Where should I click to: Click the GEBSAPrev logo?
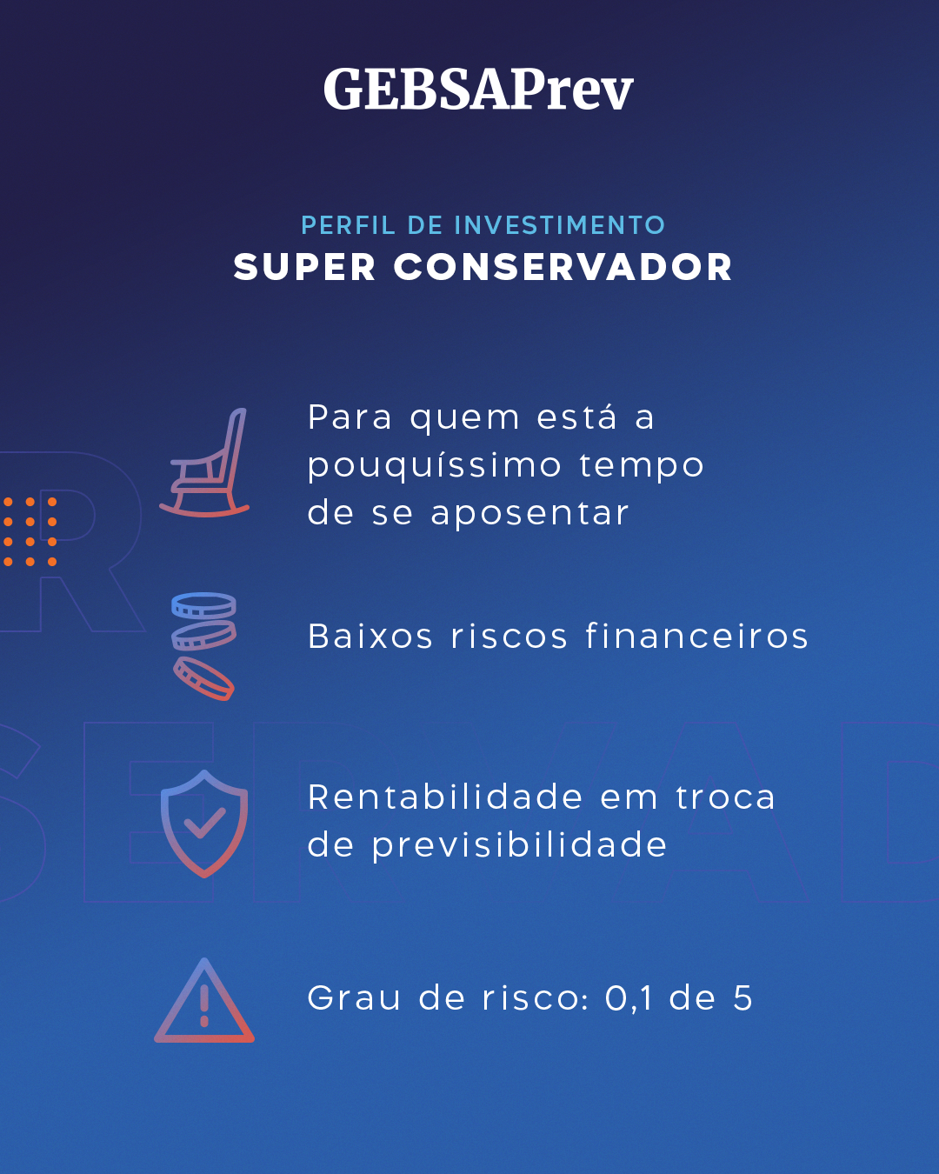(478, 89)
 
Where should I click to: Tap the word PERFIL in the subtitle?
(348, 225)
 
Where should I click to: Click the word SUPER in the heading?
(304, 267)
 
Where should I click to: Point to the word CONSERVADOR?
(563, 267)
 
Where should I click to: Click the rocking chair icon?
(204, 462)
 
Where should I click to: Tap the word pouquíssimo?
(435, 466)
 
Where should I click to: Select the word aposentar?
(529, 514)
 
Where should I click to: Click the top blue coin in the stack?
(203, 605)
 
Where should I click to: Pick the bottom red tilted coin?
(204, 678)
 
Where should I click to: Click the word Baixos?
(370, 636)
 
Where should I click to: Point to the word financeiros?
(696, 636)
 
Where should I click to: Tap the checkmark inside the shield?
(204, 823)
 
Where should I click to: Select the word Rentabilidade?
(445, 797)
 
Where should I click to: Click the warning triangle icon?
(204, 1001)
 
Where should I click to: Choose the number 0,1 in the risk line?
(629, 999)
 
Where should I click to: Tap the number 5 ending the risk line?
(743, 997)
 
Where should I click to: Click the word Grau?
(354, 997)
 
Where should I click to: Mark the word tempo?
(641, 466)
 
